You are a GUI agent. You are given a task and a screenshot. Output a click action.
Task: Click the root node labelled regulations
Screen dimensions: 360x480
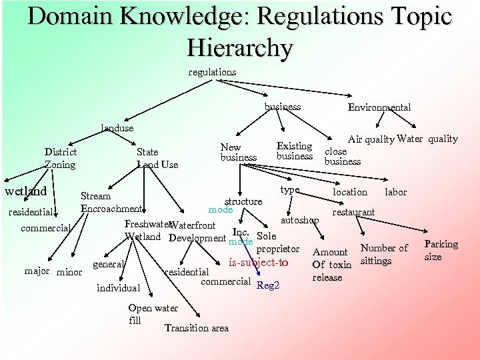pyautogui.click(x=212, y=71)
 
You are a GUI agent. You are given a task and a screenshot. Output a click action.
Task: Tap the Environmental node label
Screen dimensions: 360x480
pyautogui.click(x=379, y=107)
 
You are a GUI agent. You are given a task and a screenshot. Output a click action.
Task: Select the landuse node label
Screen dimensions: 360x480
pyautogui.click(x=117, y=127)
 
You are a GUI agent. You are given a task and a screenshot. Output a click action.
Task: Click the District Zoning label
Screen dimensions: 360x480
pyautogui.click(x=60, y=158)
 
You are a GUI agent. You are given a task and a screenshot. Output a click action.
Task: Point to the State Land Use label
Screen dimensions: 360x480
pyautogui.click(x=157, y=158)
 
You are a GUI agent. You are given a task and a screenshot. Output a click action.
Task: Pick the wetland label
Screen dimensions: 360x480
pyautogui.click(x=25, y=191)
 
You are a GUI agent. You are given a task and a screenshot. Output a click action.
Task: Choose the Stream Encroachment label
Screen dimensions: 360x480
pyautogui.click(x=110, y=202)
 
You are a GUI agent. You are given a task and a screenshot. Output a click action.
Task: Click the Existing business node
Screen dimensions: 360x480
pyautogui.click(x=294, y=151)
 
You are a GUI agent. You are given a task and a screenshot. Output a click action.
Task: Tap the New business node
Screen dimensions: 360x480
pyautogui.click(x=238, y=152)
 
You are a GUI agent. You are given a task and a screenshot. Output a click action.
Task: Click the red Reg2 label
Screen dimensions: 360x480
pyautogui.click(x=268, y=285)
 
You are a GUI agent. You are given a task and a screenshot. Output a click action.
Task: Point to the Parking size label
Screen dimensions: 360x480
pyautogui.click(x=441, y=250)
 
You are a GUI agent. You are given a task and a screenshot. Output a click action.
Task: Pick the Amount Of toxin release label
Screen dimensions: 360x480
pyautogui.click(x=331, y=264)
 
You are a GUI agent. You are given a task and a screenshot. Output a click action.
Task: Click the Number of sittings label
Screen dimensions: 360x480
pyautogui.click(x=383, y=254)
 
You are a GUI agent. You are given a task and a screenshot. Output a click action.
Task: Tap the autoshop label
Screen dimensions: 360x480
pyautogui.click(x=299, y=219)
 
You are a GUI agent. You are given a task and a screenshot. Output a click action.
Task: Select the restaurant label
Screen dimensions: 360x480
pyautogui.click(x=353, y=212)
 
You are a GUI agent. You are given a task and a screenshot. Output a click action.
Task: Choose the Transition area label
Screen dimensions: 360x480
pyautogui.click(x=196, y=327)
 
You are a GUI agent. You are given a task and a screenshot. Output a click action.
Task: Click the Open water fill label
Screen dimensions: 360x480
pyautogui.click(x=152, y=313)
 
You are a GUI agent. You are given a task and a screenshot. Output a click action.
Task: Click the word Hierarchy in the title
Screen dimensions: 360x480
pyautogui.click(x=239, y=47)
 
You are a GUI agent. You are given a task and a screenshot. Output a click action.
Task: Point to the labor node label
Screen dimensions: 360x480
pyautogui.click(x=395, y=192)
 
